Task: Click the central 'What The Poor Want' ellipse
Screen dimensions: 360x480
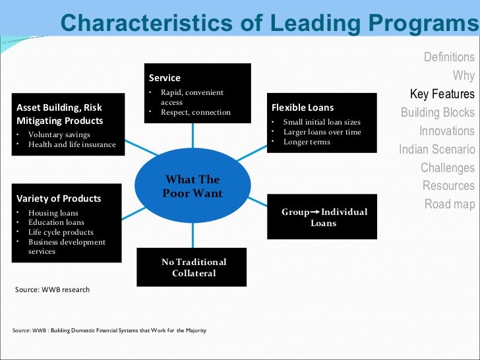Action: (193, 186)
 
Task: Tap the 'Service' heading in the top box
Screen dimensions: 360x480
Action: (165, 78)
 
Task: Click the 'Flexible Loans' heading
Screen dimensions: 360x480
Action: (303, 107)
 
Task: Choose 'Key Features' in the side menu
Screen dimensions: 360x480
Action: (442, 94)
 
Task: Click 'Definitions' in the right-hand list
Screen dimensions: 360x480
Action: (448, 57)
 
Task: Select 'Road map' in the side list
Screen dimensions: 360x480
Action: (449, 204)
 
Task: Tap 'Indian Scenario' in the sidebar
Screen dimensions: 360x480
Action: (436, 149)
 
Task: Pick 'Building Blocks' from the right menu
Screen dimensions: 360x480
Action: (437, 112)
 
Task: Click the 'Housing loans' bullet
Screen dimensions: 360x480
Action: (53, 213)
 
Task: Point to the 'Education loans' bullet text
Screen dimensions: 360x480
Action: (56, 222)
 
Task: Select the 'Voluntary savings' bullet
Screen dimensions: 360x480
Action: (59, 135)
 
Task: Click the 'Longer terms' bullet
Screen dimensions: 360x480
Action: (307, 142)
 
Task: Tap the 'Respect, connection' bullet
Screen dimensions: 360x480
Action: (196, 112)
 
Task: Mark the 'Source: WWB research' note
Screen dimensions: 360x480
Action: (52, 289)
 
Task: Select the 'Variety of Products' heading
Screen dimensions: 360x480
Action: (59, 198)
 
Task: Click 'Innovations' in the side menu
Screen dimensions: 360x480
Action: (446, 131)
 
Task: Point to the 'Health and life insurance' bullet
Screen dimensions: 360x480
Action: (72, 144)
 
